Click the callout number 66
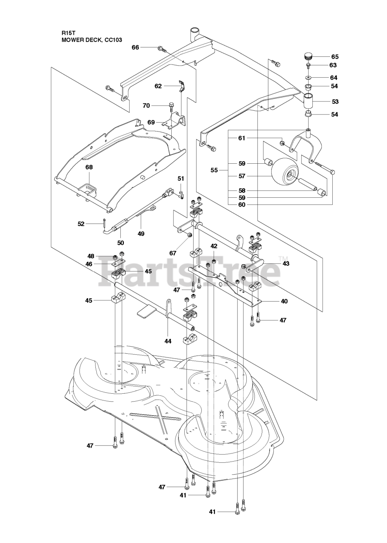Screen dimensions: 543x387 pyautogui.click(x=135, y=47)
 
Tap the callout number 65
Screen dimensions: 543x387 pyautogui.click(x=335, y=56)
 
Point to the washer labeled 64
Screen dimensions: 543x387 pyautogui.click(x=308, y=77)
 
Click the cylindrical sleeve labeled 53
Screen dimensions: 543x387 pyautogui.click(x=309, y=101)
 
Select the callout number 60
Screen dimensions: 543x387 pyautogui.click(x=242, y=205)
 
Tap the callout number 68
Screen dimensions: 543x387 pyautogui.click(x=89, y=167)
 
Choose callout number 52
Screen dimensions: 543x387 pyautogui.click(x=81, y=224)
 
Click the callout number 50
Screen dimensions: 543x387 pyautogui.click(x=121, y=243)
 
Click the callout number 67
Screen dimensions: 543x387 pyautogui.click(x=173, y=254)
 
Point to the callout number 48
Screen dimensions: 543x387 pyautogui.click(x=91, y=256)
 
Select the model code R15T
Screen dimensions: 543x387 pyautogui.click(x=68, y=31)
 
